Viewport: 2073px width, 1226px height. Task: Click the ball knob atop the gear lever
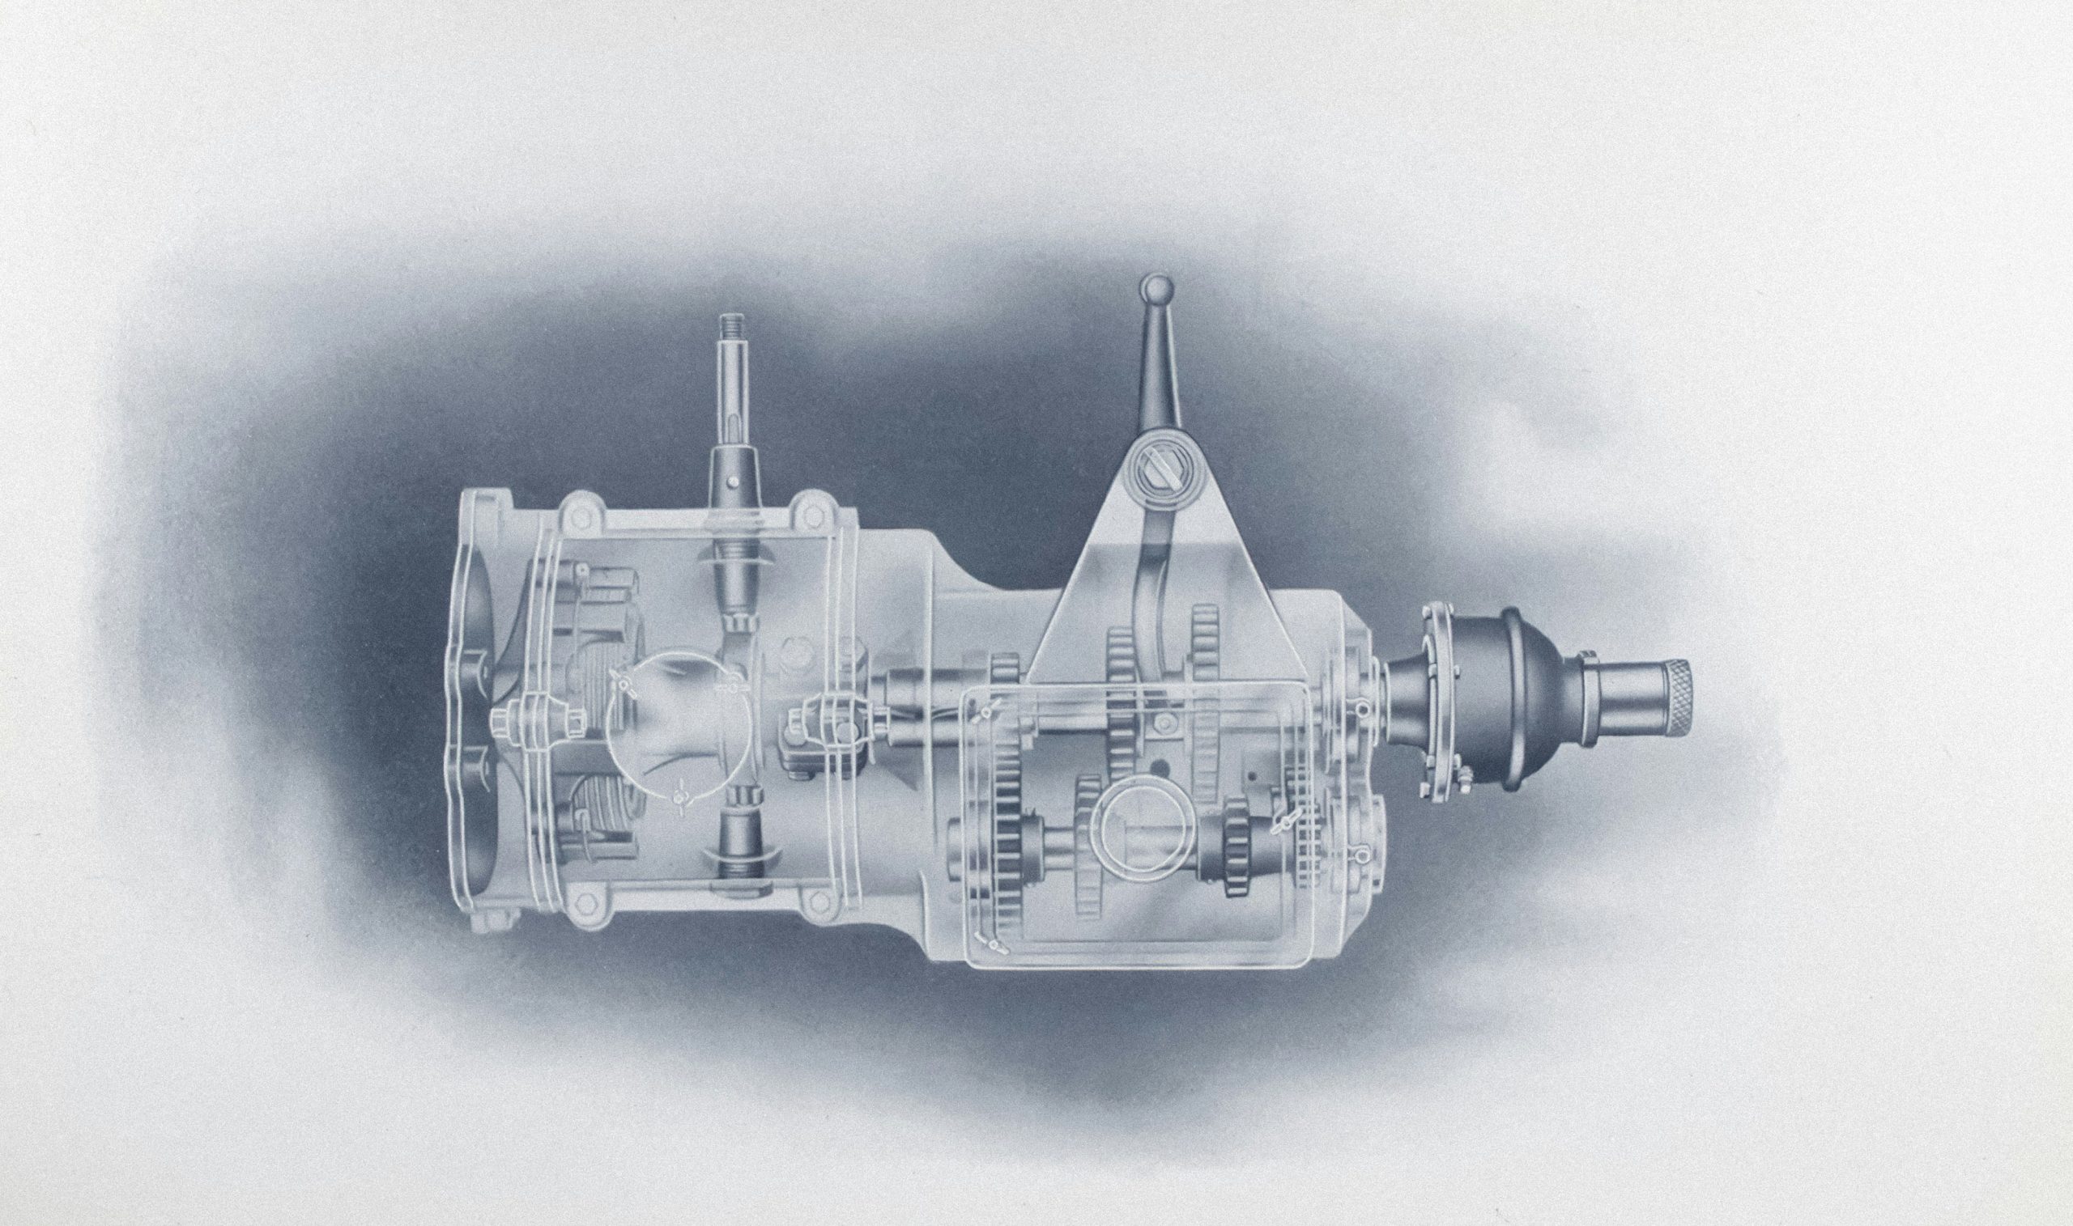click(x=1155, y=289)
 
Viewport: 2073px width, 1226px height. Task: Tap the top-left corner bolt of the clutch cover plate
click(x=582, y=513)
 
